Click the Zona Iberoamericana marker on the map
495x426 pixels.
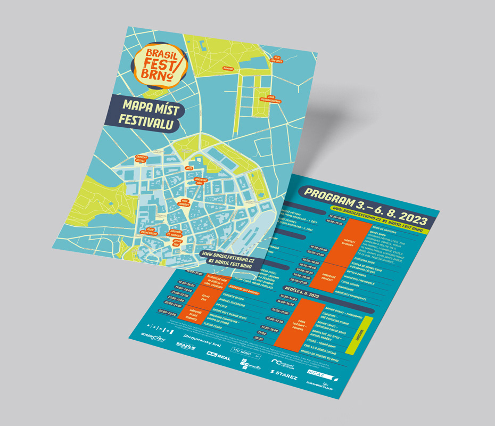[270, 99]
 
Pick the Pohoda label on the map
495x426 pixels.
[228, 69]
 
